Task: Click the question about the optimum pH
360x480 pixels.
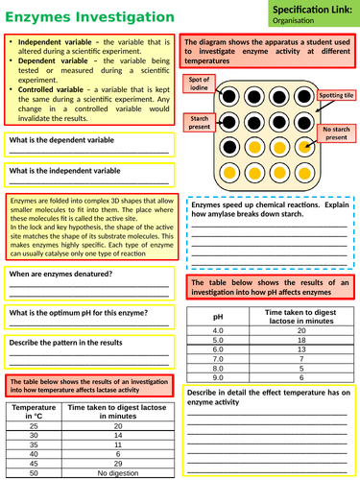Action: tap(72, 313)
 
